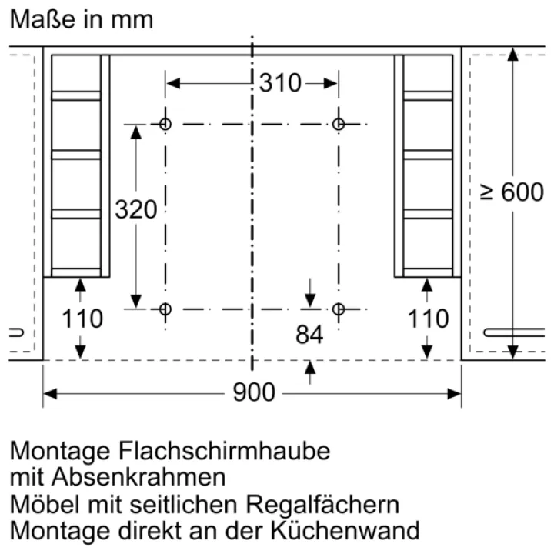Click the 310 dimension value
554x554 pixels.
280,83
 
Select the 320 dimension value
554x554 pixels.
136,209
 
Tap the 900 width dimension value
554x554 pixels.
254,392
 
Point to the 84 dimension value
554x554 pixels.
309,335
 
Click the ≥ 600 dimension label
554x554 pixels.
512,192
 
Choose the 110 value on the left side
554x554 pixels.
82,319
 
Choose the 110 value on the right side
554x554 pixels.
428,319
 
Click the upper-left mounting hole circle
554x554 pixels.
165,124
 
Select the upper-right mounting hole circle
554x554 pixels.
339,124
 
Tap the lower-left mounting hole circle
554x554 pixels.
165,309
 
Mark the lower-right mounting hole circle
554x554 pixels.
339,309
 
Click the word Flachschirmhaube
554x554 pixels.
225,451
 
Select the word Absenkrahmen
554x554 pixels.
138,477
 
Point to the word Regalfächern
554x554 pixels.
322,504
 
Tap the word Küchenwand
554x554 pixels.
345,531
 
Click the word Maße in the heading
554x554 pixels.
42,19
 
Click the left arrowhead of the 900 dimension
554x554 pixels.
50,394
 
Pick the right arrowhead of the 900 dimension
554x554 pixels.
455,394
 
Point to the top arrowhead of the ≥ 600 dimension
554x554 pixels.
512,54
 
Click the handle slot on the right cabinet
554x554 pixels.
514,332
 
